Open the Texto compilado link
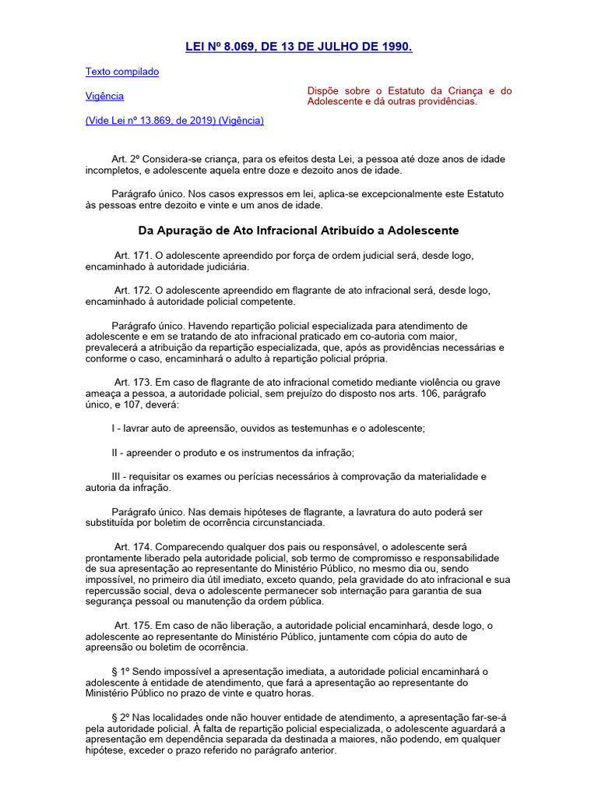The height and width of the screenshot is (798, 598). click(x=121, y=72)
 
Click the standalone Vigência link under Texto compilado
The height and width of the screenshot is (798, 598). click(x=104, y=96)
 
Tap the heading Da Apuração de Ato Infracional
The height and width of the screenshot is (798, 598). click(x=298, y=231)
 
